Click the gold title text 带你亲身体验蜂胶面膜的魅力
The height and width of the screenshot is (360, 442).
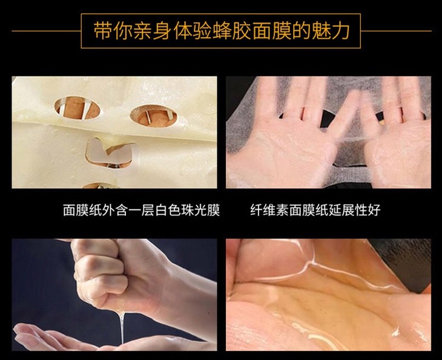(221, 30)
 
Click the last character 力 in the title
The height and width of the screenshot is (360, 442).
(340, 30)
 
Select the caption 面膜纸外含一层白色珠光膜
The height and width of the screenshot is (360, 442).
(141, 210)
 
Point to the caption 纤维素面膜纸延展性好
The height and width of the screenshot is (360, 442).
(315, 210)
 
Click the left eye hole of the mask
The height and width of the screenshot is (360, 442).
(77, 108)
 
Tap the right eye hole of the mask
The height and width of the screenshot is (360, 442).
(153, 116)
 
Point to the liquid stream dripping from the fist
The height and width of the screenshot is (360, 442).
(122, 327)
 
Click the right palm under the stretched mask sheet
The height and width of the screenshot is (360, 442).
(397, 135)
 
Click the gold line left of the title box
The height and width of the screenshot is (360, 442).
(47, 31)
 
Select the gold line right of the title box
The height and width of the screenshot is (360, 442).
(396, 31)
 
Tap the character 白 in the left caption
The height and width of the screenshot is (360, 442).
(160, 210)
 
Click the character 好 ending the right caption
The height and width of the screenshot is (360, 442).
(374, 210)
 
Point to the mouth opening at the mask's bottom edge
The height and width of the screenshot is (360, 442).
(99, 186)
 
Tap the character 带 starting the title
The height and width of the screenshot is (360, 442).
(103, 30)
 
